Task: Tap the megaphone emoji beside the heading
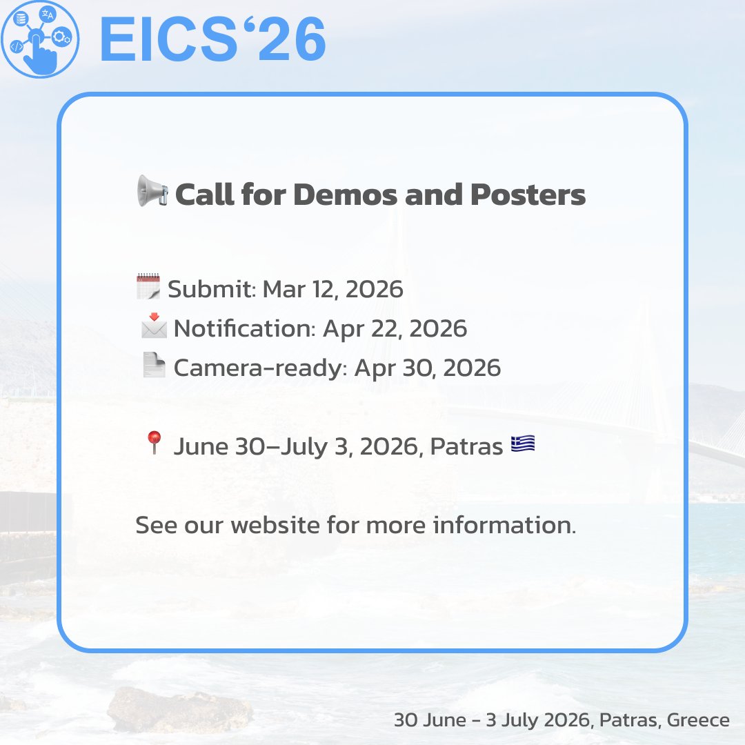pyautogui.click(x=151, y=190)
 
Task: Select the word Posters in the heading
pyautogui.click(x=528, y=195)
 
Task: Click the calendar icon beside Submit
pyautogui.click(x=148, y=286)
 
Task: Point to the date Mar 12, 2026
pyautogui.click(x=333, y=289)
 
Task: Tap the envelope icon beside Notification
pyautogui.click(x=153, y=326)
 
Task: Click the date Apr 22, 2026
pyautogui.click(x=395, y=328)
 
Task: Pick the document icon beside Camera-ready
pyautogui.click(x=153, y=365)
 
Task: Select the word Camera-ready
pyautogui.click(x=258, y=368)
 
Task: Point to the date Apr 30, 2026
pyautogui.click(x=428, y=368)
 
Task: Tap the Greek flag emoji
pyautogui.click(x=523, y=444)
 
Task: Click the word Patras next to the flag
pyautogui.click(x=466, y=447)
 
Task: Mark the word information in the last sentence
pyautogui.click(x=504, y=526)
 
